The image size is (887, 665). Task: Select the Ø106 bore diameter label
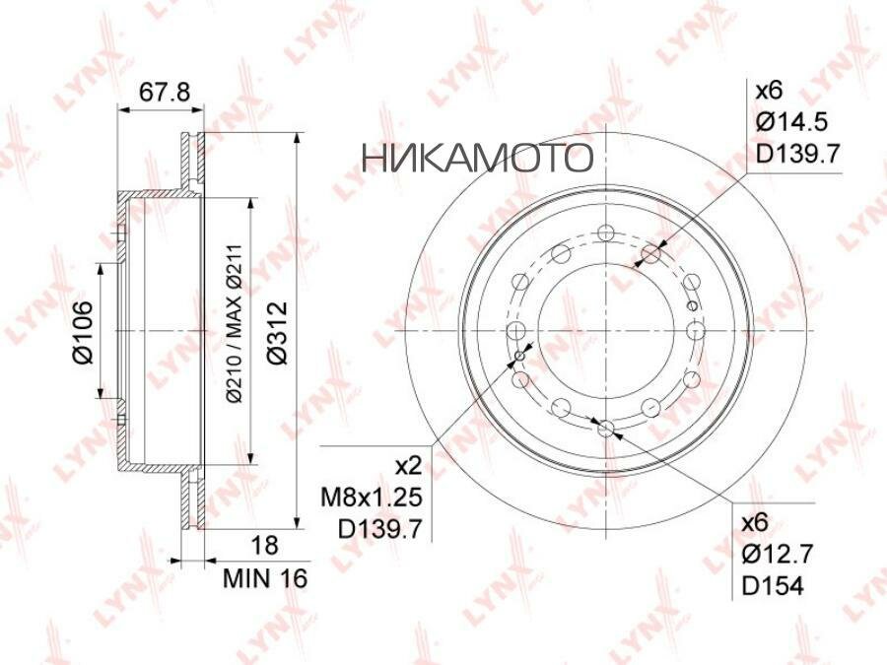(83, 333)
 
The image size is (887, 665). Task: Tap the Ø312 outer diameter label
(277, 333)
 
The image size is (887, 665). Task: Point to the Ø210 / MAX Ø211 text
(235, 323)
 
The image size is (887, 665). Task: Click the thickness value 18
(264, 545)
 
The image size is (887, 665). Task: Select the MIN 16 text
(265, 578)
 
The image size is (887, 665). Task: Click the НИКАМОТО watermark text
(477, 157)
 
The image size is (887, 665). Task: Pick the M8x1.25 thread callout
(372, 498)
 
